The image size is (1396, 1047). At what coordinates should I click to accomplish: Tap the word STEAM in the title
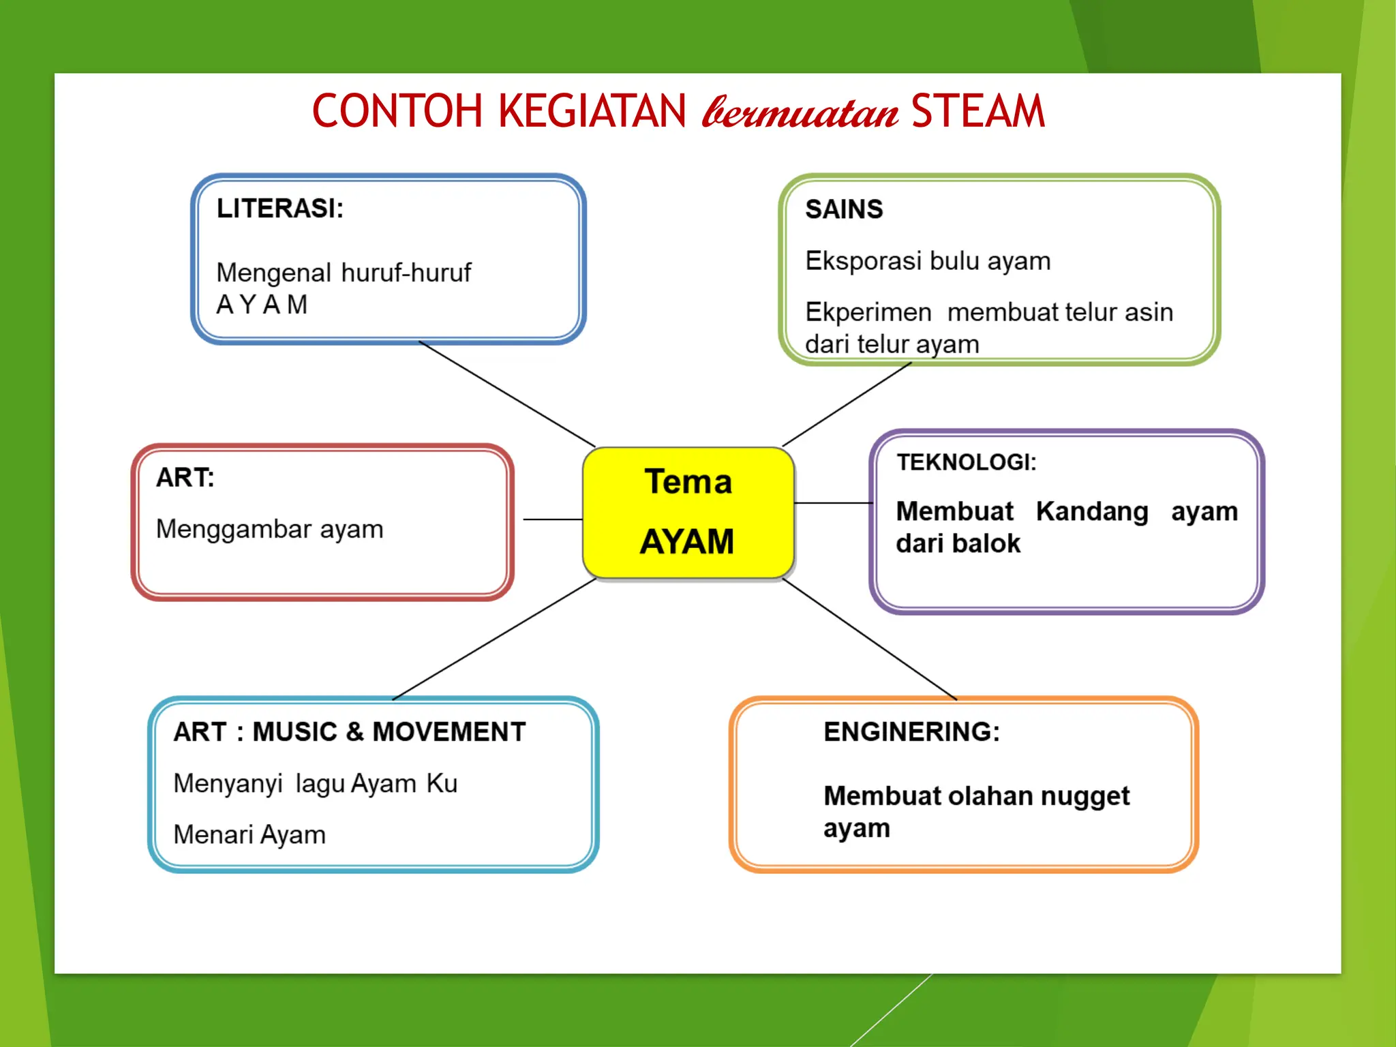(977, 111)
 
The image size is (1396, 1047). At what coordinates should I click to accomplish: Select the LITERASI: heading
(280, 209)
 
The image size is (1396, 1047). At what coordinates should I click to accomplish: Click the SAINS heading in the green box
(844, 209)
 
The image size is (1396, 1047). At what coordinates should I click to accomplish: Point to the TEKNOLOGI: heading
(966, 462)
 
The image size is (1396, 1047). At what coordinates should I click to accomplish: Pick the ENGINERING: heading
(911, 731)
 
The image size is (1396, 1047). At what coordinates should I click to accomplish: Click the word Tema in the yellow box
(688, 481)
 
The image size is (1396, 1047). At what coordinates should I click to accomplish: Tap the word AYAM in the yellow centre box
(687, 542)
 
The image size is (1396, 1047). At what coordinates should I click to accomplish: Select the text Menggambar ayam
(270, 529)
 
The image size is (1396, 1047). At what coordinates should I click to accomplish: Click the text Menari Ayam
(249, 834)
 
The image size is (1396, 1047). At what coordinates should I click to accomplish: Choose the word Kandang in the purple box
(1092, 511)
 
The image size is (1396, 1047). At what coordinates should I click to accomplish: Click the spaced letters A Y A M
(262, 305)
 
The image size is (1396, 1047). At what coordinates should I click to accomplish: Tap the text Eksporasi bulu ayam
(928, 261)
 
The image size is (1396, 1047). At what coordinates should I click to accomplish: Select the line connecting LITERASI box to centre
(507, 394)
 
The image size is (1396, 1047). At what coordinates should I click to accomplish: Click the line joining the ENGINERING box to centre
(870, 639)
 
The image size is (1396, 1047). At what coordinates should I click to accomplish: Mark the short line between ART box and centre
(552, 519)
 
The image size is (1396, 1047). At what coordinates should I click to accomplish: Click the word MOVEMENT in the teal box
(449, 731)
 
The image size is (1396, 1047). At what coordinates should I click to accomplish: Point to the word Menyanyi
(228, 784)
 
